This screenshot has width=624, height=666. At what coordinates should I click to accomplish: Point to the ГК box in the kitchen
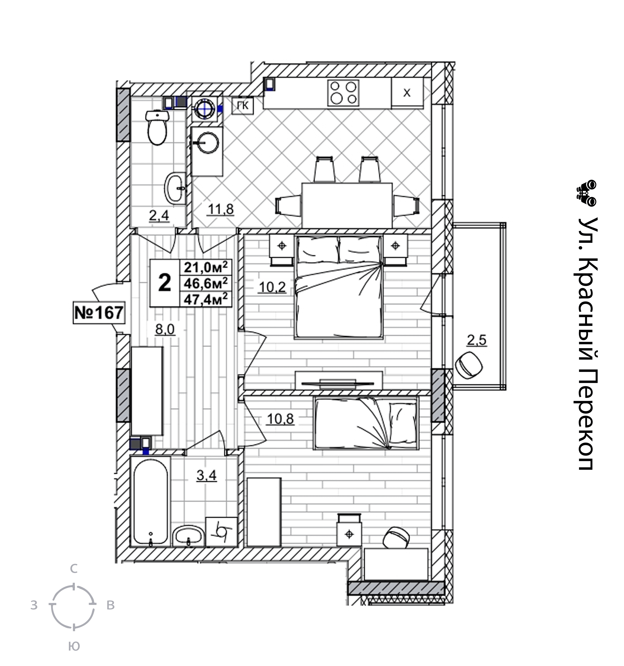[x=243, y=106]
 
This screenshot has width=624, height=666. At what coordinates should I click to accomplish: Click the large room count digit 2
[x=164, y=283]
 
